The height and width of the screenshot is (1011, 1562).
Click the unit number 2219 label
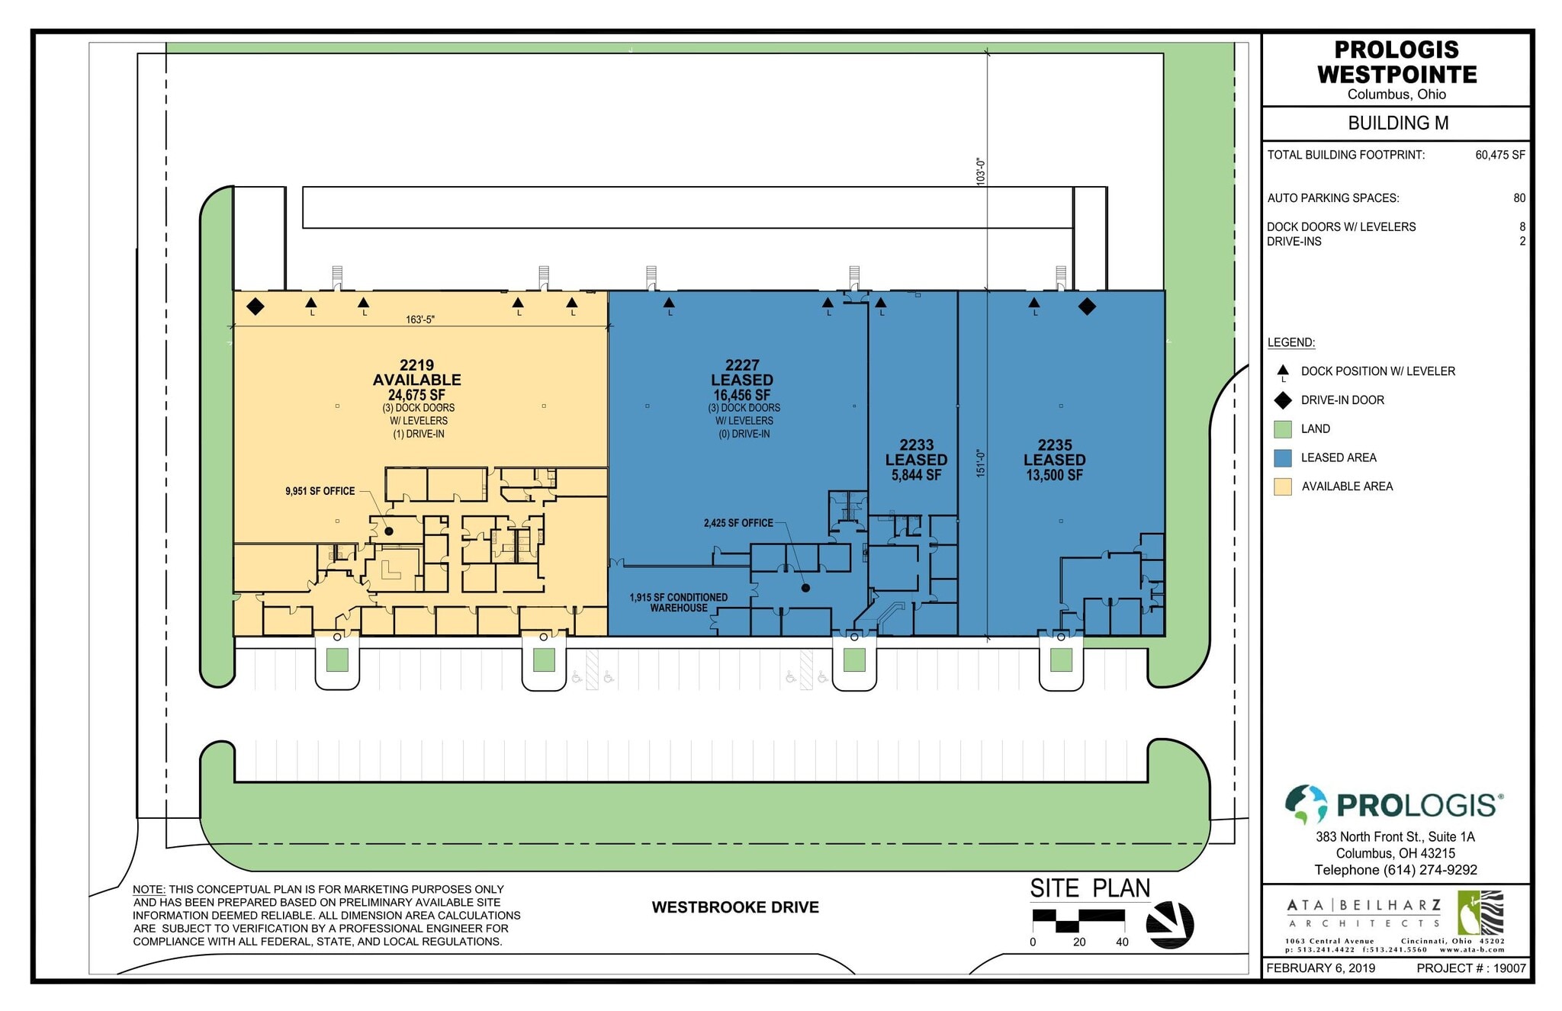coord(416,365)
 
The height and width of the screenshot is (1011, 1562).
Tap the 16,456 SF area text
coord(742,395)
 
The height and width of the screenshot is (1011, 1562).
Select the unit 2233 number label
coord(916,445)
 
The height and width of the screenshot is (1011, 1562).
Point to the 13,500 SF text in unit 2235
coord(1055,475)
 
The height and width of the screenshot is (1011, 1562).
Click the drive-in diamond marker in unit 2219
coord(256,307)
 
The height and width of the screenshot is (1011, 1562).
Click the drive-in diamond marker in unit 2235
coord(1087,307)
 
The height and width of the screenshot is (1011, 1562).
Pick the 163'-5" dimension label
coord(420,319)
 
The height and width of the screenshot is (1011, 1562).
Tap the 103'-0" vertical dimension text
coord(981,172)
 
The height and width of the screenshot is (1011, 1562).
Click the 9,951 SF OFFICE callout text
coord(320,491)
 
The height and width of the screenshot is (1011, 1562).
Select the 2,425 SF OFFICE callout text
coord(738,523)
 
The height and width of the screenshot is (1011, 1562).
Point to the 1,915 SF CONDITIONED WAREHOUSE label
coord(679,602)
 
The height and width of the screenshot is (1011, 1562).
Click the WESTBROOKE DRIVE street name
coord(735,907)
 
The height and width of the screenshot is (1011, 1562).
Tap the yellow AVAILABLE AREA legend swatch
coord(1283,486)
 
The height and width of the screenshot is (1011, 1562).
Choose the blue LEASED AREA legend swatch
coord(1283,457)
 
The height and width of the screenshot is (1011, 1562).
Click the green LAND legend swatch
coord(1283,429)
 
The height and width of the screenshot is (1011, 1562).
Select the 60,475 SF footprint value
coord(1500,155)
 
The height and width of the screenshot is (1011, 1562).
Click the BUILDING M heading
coord(1398,123)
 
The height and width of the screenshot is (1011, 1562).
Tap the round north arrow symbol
coord(1170,925)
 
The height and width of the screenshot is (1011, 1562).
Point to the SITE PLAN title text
coord(1090,888)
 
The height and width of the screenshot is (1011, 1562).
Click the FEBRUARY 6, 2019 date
coord(1321,968)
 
